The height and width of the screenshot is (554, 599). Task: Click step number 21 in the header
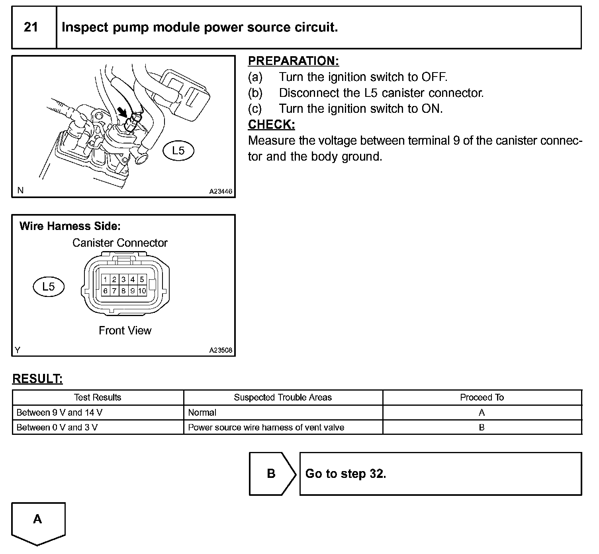coord(31,27)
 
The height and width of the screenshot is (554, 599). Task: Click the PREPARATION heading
coord(293,61)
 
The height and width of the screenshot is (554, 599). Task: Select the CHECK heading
coord(271,124)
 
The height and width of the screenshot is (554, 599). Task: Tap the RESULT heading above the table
coord(37,379)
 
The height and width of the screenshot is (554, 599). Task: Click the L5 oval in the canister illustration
coord(178,151)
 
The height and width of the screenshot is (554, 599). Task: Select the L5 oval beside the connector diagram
coord(48,286)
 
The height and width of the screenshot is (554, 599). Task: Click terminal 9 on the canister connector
coord(133,291)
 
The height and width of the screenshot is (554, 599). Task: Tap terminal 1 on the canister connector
coord(106,279)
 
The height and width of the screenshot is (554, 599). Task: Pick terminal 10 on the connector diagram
coord(142,291)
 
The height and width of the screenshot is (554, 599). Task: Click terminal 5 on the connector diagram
coord(142,279)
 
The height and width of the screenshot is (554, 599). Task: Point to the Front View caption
coord(125,330)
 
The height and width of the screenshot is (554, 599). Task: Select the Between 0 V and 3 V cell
coord(57,427)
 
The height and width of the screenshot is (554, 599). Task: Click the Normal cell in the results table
coord(202,413)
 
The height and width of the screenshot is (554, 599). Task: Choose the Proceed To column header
coord(482,397)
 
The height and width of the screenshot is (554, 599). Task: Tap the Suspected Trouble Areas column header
coord(282,397)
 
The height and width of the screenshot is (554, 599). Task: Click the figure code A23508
coord(221,351)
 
